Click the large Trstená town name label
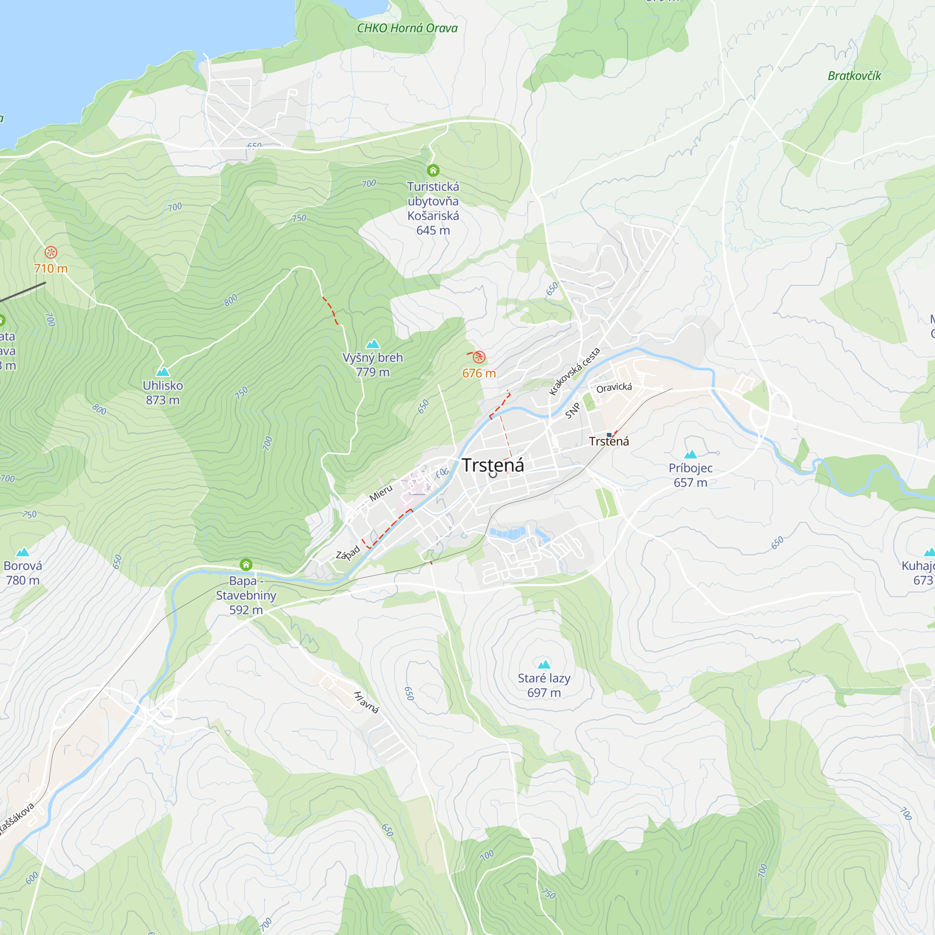493,465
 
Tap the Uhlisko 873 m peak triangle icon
163,372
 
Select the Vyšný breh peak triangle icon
373,344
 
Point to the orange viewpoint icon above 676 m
479,357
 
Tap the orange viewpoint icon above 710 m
51,252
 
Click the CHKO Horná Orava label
407,28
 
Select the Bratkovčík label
854,76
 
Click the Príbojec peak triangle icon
690,454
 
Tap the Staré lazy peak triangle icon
544,664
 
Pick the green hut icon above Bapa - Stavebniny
246,564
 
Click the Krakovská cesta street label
575,372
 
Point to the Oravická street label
614,388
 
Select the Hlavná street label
366,702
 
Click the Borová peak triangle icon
23,552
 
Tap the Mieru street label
381,493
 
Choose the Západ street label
348,553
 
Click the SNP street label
572,411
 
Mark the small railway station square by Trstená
609,435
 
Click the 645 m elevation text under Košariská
433,230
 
